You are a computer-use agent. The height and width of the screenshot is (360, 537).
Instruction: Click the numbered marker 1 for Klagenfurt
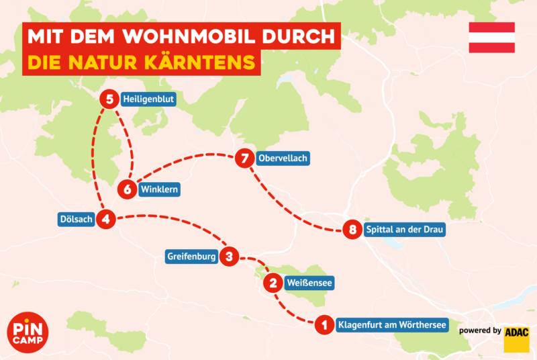pyautogui.click(x=324, y=325)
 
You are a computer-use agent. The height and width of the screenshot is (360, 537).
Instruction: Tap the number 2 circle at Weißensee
pyautogui.click(x=273, y=283)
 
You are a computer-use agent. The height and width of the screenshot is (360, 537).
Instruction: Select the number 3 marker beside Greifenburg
pyautogui.click(x=230, y=256)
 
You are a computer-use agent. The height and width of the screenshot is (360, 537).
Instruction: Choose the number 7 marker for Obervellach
pyautogui.click(x=245, y=159)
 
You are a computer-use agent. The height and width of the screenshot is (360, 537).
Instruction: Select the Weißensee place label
pyautogui.click(x=309, y=283)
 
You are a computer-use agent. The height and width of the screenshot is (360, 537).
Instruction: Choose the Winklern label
pyautogui.click(x=160, y=189)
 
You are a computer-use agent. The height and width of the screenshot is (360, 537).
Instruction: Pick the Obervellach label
pyautogui.click(x=283, y=159)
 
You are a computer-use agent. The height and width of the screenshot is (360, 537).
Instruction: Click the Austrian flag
pyautogui.click(x=491, y=38)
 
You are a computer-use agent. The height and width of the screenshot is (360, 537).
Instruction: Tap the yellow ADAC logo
pyautogui.click(x=516, y=339)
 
